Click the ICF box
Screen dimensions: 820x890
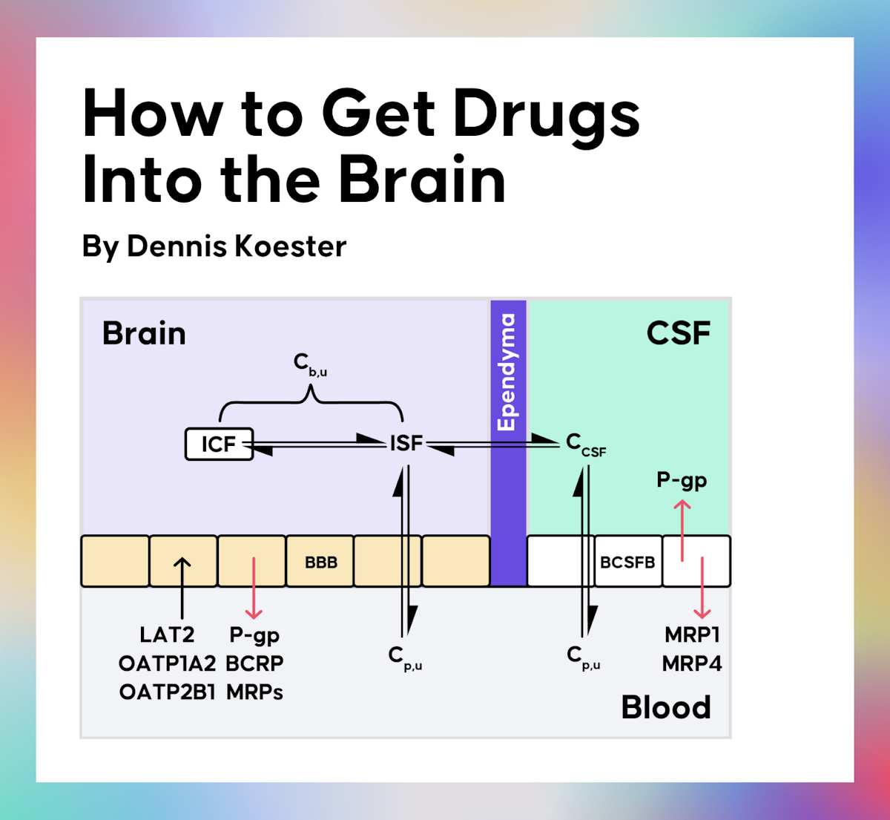pyautogui.click(x=219, y=444)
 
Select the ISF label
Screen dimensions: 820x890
pyautogui.click(x=406, y=443)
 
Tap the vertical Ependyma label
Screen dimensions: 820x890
pyautogui.click(x=507, y=372)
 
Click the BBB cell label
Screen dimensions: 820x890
pyautogui.click(x=320, y=562)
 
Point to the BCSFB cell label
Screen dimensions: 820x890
pyautogui.click(x=627, y=562)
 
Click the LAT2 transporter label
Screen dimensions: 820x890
pyautogui.click(x=167, y=635)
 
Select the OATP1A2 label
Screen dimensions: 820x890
pyautogui.click(x=167, y=663)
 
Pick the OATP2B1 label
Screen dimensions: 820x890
pyautogui.click(x=167, y=692)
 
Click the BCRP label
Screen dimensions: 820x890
pyautogui.click(x=254, y=663)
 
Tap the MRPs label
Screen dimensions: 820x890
pyautogui.click(x=254, y=692)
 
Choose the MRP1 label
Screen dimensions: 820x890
pyautogui.click(x=692, y=635)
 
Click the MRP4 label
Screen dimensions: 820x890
pyautogui.click(x=692, y=663)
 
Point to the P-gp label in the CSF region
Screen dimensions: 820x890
pyautogui.click(x=682, y=481)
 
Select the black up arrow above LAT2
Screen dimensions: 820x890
pyautogui.click(x=182, y=586)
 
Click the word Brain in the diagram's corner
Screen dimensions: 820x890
pyautogui.click(x=144, y=333)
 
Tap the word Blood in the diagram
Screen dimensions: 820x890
pyautogui.click(x=665, y=707)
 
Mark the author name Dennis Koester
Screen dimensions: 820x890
pyautogui.click(x=236, y=246)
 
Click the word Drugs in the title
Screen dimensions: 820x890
pyautogui.click(x=546, y=115)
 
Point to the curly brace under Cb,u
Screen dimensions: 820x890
pyautogui.click(x=311, y=404)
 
